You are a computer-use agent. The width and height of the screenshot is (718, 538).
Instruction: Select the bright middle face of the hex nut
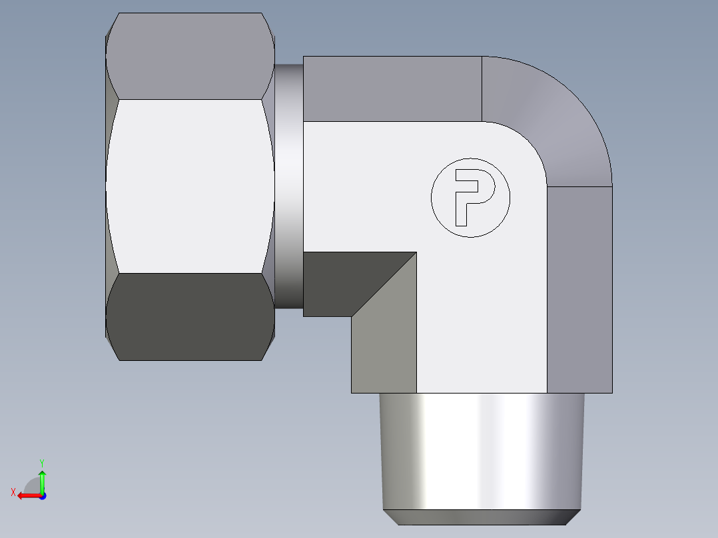[x=190, y=186]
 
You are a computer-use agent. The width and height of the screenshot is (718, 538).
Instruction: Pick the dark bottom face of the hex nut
[x=190, y=316]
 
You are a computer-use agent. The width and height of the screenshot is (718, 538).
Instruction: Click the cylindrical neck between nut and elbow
[x=288, y=186]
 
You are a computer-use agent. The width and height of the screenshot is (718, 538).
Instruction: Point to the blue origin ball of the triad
[x=42, y=496]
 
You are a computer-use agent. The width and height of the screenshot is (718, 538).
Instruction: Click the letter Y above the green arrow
[x=42, y=462]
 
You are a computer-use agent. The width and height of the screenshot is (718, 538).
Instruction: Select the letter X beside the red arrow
[x=13, y=492]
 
